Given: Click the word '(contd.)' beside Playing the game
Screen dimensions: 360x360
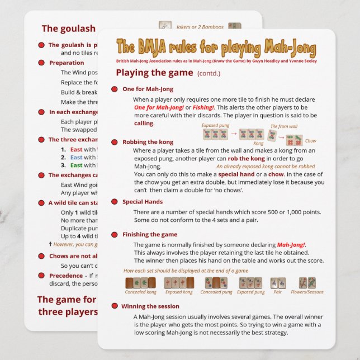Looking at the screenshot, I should [209, 73].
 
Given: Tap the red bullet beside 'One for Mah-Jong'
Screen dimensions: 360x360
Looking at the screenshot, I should [114, 89].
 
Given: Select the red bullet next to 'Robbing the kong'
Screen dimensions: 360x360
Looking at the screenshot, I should [114, 142].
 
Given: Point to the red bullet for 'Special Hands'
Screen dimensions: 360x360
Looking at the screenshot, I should [114, 202].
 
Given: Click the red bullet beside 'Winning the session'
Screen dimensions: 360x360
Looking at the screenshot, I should [114, 306].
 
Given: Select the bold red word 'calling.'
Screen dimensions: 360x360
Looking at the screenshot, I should [144, 122].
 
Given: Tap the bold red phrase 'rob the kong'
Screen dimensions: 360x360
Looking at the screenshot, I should [231, 158].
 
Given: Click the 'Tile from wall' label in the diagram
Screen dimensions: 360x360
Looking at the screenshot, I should [284, 127].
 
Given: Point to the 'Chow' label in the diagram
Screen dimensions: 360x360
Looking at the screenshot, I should [311, 141].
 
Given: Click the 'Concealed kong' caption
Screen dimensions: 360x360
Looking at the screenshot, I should [140, 292].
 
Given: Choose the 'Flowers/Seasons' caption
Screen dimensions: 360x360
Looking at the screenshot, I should [307, 292].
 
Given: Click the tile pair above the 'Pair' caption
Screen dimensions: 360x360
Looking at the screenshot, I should [278, 282].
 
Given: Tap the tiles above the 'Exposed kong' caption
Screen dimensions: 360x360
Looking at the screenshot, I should [179, 282].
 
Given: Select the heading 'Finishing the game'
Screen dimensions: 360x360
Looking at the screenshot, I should [150, 234].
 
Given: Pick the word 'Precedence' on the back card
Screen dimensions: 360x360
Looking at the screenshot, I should [65, 276].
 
